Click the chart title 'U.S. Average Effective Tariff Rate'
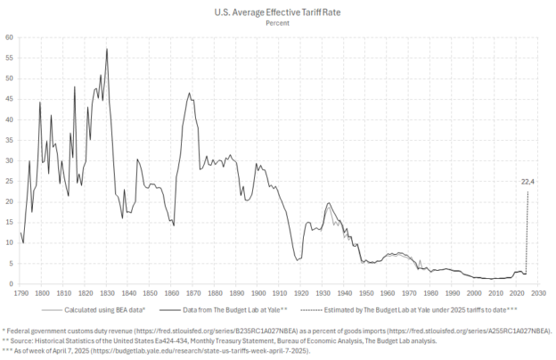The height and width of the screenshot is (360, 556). point(277,12)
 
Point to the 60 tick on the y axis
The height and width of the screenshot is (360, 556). point(10,37)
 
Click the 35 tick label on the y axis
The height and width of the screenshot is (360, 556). point(10,140)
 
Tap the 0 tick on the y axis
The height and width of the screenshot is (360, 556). point(12,284)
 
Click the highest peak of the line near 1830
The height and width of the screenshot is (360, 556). point(107,49)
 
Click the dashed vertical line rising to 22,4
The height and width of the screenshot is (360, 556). point(527,232)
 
